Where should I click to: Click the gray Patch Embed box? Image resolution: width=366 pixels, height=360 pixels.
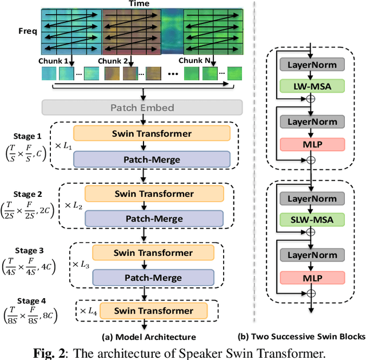pos(141,107)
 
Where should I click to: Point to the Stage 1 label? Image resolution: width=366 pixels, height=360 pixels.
pos(27,136)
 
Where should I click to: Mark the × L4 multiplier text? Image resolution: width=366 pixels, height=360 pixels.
pos(87,311)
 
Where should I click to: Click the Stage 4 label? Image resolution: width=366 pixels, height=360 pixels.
pos(29,300)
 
